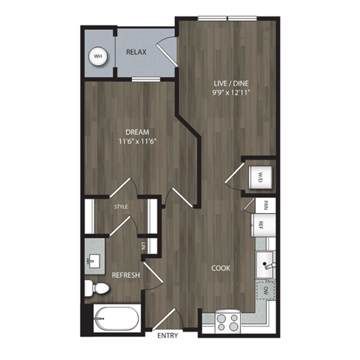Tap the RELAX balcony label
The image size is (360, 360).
click(x=136, y=52)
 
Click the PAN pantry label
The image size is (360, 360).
click(x=264, y=204)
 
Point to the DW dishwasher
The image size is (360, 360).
click(x=265, y=291)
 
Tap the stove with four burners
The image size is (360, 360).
click(x=227, y=322)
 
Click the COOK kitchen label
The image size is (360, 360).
click(x=220, y=268)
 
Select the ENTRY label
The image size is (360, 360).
click(x=167, y=336)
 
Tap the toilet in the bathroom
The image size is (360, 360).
click(x=93, y=286)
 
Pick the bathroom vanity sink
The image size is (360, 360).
click(x=94, y=260)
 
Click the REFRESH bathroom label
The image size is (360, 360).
click(x=125, y=275)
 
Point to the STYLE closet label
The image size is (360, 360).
click(x=120, y=205)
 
